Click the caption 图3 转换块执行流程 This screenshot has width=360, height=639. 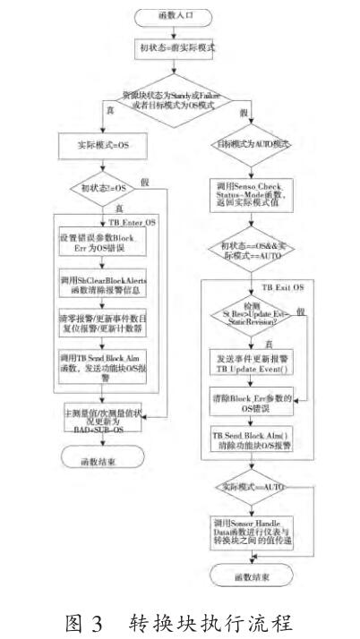coord(180,618)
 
